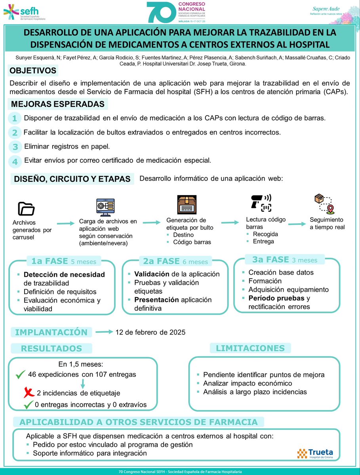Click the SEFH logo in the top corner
click(25, 13)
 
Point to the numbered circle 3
click(15, 147)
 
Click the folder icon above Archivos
click(27, 209)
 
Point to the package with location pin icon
click(324, 203)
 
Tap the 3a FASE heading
click(270, 260)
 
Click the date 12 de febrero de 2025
click(150, 332)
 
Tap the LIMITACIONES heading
click(250, 348)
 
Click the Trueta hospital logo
click(315, 453)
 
